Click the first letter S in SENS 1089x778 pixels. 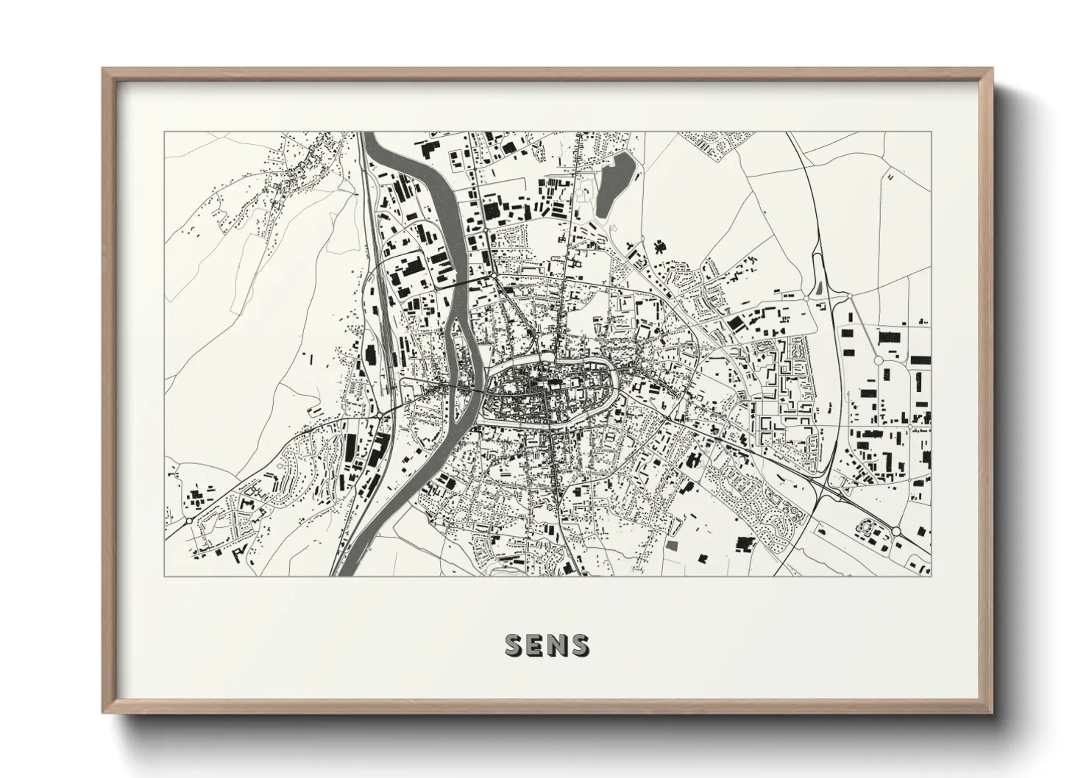click(514, 645)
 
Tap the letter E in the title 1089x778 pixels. click(536, 645)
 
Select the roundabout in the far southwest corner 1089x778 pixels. click(189, 520)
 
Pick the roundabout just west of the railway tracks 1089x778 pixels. click(380, 414)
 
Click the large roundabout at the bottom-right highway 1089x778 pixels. click(897, 531)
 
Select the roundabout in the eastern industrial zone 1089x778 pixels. click(878, 360)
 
